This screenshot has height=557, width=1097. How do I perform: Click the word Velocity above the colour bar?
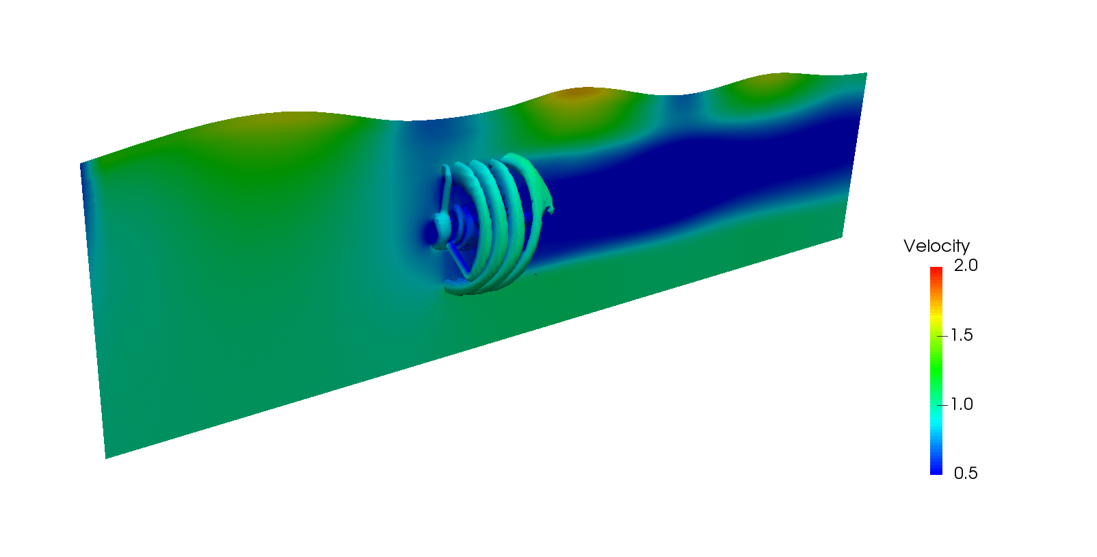[936, 246]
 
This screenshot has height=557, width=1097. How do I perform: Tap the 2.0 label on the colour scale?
[966, 265]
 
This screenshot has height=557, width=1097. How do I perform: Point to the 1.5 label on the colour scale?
[962, 335]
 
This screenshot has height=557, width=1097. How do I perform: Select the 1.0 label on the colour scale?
[962, 404]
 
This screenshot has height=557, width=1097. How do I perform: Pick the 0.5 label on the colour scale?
[966, 473]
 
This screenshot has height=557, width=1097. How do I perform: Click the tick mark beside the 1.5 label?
[942, 336]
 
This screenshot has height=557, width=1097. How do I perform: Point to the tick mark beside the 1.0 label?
[942, 405]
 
